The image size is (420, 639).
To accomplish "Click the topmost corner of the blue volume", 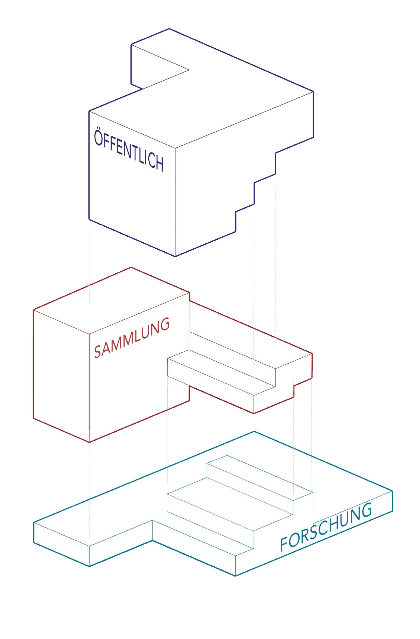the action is [169, 28].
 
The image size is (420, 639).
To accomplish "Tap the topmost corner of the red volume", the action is [131, 267].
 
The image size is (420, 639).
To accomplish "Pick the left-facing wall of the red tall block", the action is [61, 376].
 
